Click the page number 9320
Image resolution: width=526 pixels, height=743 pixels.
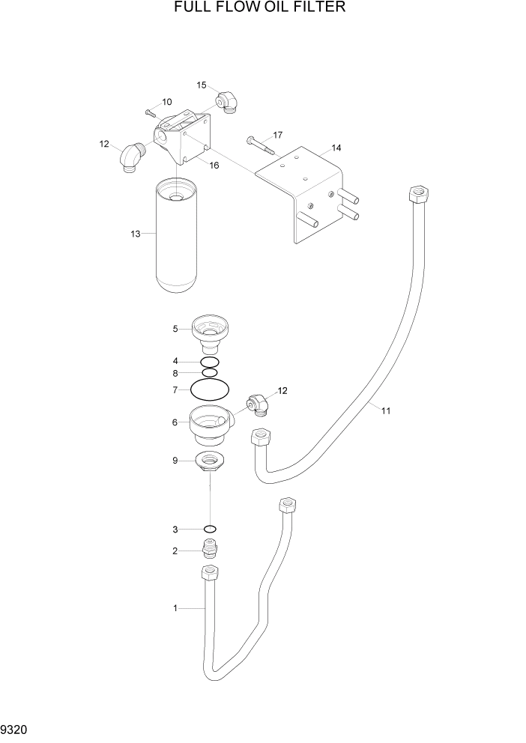tap(14, 727)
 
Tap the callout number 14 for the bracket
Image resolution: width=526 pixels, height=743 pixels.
tap(336, 148)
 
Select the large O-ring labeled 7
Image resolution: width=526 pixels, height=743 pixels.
tap(209, 390)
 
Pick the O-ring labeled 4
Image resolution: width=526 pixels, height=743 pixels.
tap(210, 362)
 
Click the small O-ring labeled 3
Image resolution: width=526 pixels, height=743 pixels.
tap(211, 530)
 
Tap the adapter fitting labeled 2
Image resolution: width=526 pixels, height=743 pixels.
tap(211, 552)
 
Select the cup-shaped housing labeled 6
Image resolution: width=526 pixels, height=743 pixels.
tap(211, 424)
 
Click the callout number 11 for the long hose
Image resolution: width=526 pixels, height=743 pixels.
tap(386, 410)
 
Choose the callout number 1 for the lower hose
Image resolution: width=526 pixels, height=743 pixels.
tap(175, 608)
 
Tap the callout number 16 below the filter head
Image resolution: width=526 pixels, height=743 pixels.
tap(214, 166)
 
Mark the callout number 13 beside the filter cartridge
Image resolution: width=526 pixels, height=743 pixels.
tap(136, 234)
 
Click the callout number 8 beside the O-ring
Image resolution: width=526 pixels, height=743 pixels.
tap(175, 373)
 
